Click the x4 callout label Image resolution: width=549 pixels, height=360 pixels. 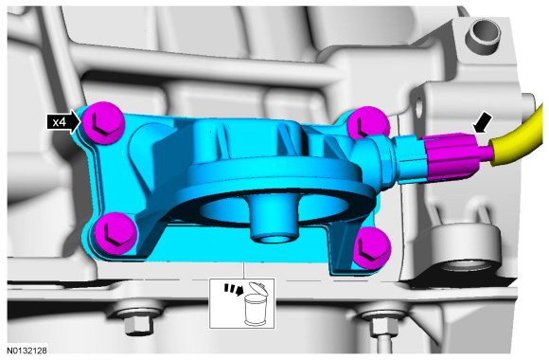point(62,122)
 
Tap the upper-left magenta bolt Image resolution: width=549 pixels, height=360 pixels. point(103,123)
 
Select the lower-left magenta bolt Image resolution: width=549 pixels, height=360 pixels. point(115,233)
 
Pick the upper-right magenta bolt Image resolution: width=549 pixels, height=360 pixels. point(368,123)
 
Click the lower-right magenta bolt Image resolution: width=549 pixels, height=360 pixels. point(371,248)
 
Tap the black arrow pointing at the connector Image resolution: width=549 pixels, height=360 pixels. point(483,124)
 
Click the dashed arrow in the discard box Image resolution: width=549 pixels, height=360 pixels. point(234,289)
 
